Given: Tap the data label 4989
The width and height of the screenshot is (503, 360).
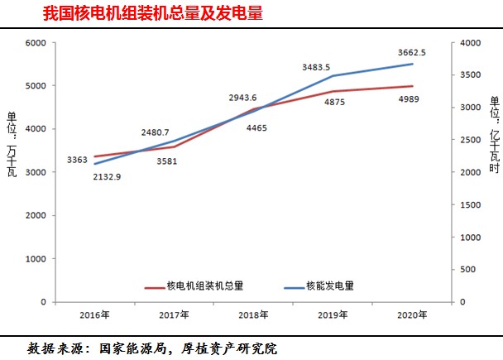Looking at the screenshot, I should (411, 100).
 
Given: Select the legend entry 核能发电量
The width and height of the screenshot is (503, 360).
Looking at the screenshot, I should (331, 286).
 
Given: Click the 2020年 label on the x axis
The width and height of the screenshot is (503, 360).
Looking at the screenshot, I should (411, 314).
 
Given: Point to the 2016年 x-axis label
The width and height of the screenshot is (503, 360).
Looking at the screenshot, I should (93, 314).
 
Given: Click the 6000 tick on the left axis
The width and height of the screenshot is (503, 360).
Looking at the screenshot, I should (36, 42).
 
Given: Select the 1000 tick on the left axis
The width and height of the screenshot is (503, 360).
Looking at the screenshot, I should (36, 259).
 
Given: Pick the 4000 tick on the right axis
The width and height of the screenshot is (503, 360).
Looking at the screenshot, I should (469, 42).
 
